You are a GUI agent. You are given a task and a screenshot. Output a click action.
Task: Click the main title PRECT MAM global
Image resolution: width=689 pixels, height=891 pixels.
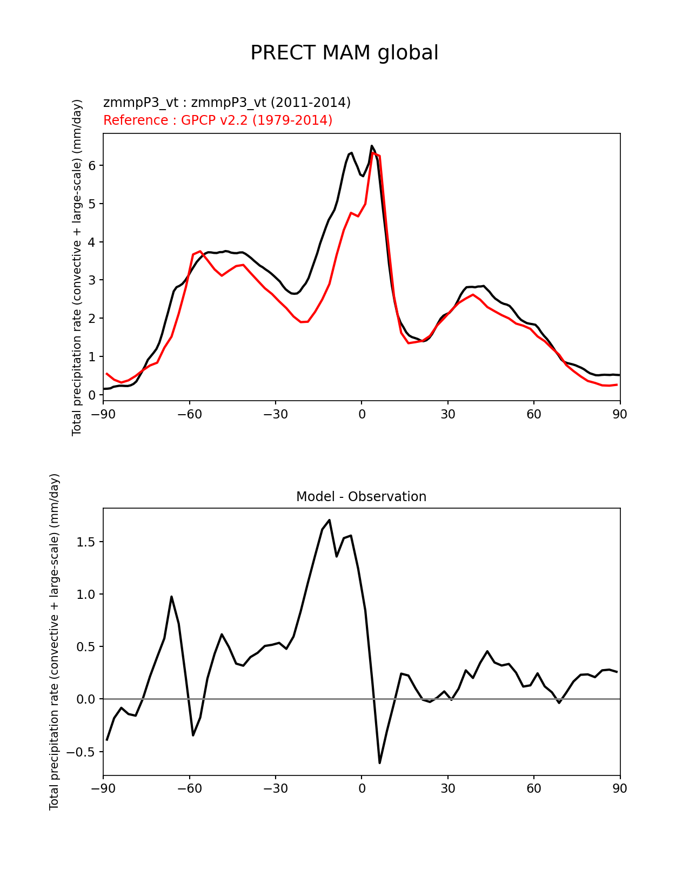point(344,53)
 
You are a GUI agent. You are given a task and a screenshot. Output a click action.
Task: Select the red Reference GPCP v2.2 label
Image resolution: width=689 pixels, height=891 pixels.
point(218,120)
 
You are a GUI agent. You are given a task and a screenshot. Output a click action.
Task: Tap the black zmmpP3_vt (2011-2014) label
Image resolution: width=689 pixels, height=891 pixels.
point(227,102)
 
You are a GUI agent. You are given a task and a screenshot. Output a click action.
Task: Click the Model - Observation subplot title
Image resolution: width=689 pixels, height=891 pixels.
point(361,497)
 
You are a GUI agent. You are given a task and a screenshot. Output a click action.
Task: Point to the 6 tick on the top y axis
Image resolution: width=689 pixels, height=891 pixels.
point(92,165)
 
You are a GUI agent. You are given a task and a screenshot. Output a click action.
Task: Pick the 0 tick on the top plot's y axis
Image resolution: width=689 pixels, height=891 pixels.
point(92,395)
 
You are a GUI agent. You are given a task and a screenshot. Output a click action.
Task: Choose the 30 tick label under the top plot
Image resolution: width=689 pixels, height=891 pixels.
point(447,414)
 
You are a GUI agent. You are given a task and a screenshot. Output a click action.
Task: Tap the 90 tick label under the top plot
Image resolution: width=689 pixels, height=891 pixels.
point(620,414)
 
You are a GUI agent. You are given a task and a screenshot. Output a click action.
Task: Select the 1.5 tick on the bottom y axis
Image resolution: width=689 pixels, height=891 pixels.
point(87,542)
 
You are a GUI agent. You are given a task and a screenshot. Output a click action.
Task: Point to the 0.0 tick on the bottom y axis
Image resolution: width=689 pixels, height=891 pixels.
point(87,699)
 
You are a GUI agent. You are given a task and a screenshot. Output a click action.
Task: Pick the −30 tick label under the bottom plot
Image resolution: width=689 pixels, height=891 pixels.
point(275,788)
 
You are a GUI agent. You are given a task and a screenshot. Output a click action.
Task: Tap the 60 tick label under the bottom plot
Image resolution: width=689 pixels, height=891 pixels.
point(534,788)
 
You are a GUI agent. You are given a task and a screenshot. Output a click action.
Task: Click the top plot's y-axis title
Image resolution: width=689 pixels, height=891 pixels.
point(77,267)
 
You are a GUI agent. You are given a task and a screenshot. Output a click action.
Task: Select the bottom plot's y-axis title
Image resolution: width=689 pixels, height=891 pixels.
point(54,642)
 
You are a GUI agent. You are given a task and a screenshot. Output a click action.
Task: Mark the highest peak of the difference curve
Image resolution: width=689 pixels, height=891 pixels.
point(330,520)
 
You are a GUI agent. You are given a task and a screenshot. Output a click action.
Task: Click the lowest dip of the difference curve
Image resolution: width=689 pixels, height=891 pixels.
point(379,762)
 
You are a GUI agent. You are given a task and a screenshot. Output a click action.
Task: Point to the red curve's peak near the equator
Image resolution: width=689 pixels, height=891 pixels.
point(373,153)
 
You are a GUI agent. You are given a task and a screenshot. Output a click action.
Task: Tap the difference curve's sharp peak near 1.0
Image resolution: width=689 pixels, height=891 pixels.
point(171,597)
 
